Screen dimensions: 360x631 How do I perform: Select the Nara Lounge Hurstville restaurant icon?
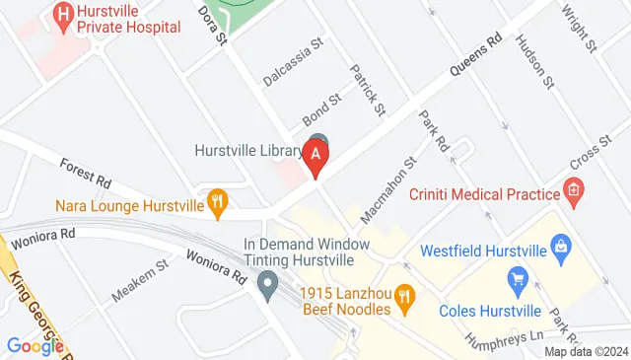click(x=218, y=204)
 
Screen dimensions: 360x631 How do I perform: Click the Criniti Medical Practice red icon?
click(x=571, y=187)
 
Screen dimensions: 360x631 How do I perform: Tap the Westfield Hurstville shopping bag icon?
click(x=560, y=245)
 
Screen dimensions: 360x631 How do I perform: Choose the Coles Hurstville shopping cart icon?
click(x=516, y=279)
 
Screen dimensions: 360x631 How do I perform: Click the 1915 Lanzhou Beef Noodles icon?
click(x=402, y=295)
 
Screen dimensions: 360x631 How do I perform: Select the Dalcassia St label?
click(x=294, y=61)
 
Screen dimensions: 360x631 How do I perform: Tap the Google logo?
click(x=35, y=345)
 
